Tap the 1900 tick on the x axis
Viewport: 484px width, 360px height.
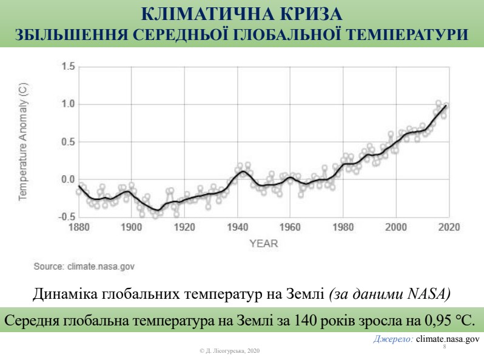click(x=131, y=227)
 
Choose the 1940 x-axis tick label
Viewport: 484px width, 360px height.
click(x=237, y=227)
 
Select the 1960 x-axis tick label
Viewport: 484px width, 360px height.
click(x=290, y=227)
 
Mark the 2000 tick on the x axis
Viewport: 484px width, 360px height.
click(x=396, y=227)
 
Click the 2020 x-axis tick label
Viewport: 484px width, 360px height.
click(x=449, y=227)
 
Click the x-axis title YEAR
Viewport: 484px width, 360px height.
click(x=263, y=244)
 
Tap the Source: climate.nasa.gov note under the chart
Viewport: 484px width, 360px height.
click(x=84, y=265)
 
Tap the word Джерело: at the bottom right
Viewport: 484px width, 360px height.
click(x=392, y=340)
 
